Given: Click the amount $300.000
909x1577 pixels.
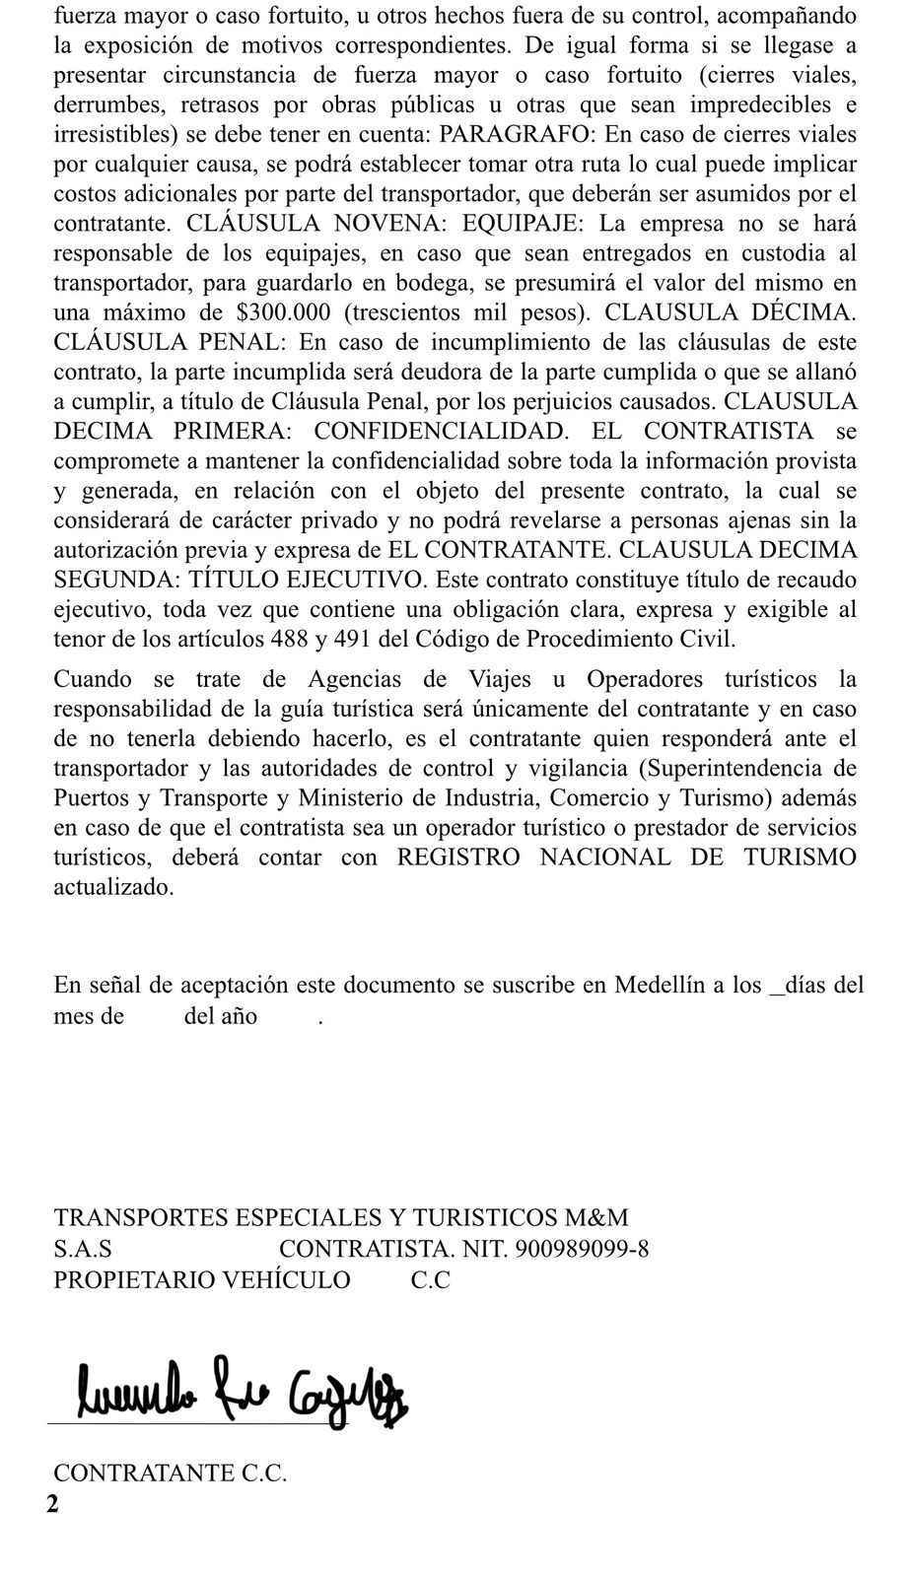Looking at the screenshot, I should pyautogui.click(x=290, y=312).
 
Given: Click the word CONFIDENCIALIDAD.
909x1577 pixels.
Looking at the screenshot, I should pyautogui.click(x=441, y=431).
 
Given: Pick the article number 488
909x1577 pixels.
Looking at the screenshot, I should pyautogui.click(x=289, y=638).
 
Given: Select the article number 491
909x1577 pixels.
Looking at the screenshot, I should pyautogui.click(x=351, y=638).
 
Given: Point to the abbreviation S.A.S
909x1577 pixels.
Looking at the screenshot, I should pyautogui.click(x=82, y=1249).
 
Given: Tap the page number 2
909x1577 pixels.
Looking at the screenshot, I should pyautogui.click(x=52, y=1505).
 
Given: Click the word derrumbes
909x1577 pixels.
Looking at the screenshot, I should pyautogui.click(x=105, y=104).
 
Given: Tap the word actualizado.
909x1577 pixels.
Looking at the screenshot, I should pyautogui.click(x=113, y=886).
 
